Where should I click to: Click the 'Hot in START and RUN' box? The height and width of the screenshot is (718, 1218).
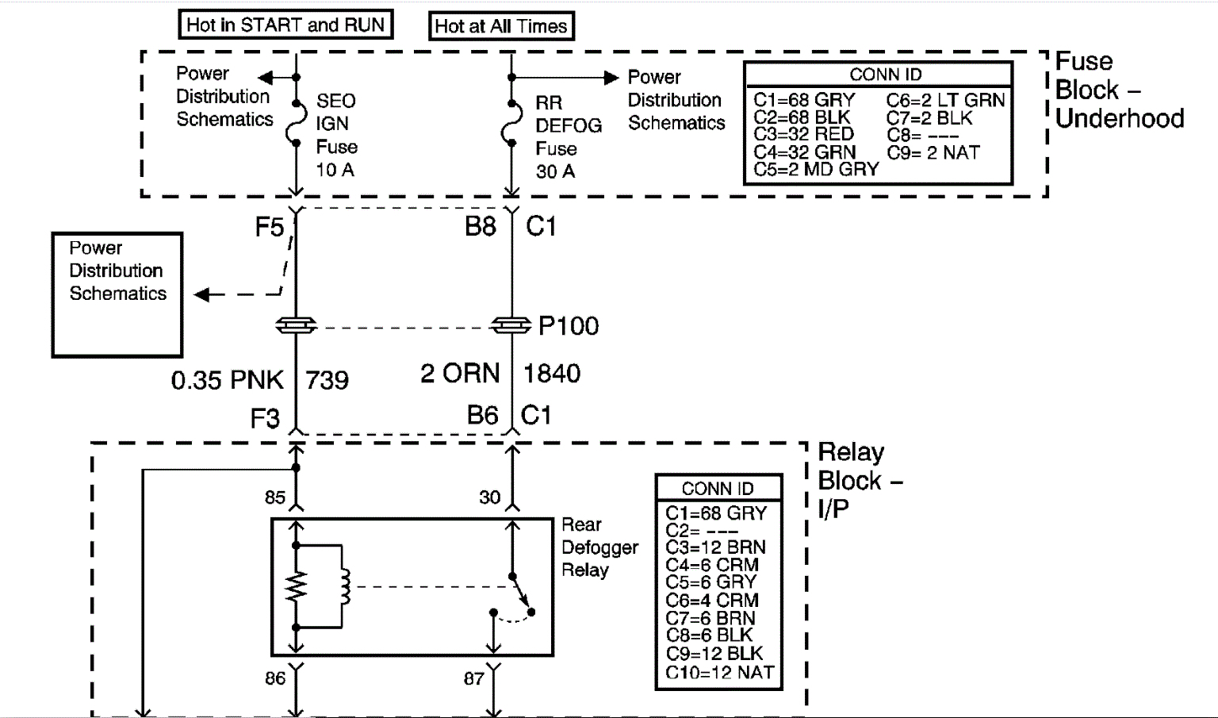(x=285, y=25)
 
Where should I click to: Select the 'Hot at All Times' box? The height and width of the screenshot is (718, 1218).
(x=500, y=26)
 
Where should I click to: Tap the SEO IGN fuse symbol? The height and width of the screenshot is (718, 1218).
(x=296, y=123)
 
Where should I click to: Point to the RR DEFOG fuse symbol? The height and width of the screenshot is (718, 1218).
(x=511, y=123)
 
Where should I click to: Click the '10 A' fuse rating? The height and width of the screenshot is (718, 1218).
(x=335, y=170)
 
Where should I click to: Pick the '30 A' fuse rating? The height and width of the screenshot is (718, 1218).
(x=555, y=171)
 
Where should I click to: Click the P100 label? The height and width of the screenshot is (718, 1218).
(x=569, y=326)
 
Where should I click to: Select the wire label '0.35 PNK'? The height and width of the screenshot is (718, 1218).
(x=227, y=380)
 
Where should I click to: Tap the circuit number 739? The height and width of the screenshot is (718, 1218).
(x=327, y=380)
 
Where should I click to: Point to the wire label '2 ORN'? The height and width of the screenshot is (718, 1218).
(x=460, y=373)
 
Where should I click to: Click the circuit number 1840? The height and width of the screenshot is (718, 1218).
(x=552, y=373)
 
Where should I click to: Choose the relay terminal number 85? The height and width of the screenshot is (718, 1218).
(x=275, y=497)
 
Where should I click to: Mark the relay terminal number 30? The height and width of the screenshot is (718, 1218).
(x=489, y=497)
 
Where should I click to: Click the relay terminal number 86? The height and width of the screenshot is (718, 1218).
(x=275, y=679)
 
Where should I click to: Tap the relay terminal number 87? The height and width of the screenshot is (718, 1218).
(x=474, y=679)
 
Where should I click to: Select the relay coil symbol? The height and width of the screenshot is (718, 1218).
(x=344, y=586)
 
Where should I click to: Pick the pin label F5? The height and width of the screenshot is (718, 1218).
(x=270, y=228)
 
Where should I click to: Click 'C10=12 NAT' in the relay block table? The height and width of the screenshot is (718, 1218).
(x=719, y=673)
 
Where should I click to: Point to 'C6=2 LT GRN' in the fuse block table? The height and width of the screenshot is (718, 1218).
(x=945, y=101)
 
